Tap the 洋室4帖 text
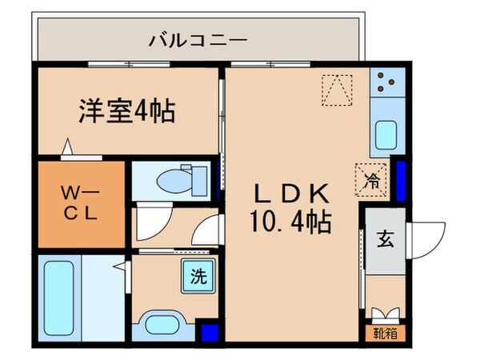126,110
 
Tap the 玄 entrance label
385,238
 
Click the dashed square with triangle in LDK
337,89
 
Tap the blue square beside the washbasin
209,331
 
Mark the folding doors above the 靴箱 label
385,314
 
